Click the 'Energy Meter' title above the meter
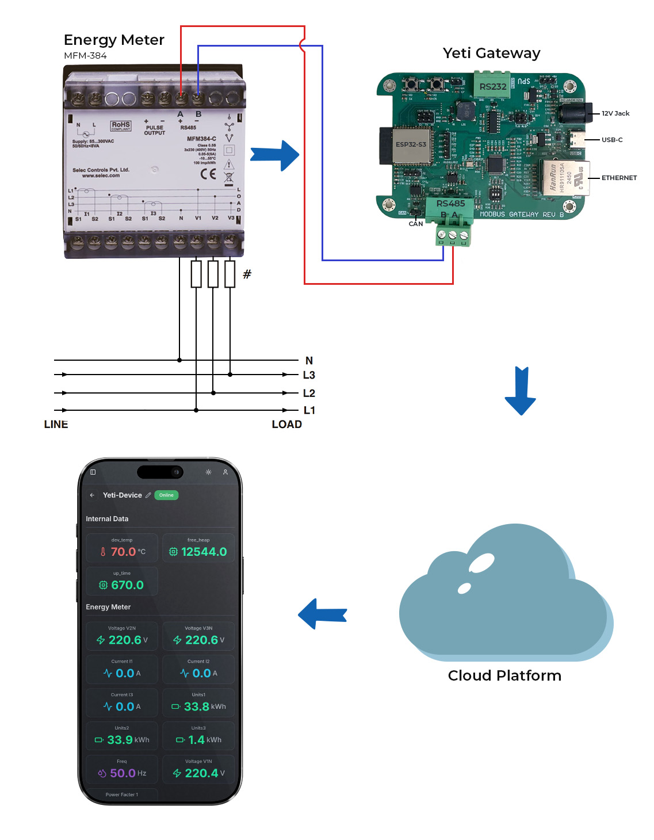click(x=114, y=40)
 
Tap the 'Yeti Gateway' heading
click(x=491, y=53)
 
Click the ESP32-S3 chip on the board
click(x=411, y=145)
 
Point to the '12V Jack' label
click(x=615, y=113)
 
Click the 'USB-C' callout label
click(x=612, y=140)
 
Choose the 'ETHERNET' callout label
click(x=619, y=178)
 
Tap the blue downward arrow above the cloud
click(x=521, y=391)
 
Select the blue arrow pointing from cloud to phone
click(x=323, y=614)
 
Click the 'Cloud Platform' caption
click(x=504, y=675)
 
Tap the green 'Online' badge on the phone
click(x=166, y=495)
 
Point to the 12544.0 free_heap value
click(x=204, y=552)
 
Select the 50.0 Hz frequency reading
click(x=123, y=773)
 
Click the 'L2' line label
click(x=309, y=393)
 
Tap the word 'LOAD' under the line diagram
click(x=286, y=424)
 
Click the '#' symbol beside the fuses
click(x=247, y=274)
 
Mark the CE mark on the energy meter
click(x=208, y=174)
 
